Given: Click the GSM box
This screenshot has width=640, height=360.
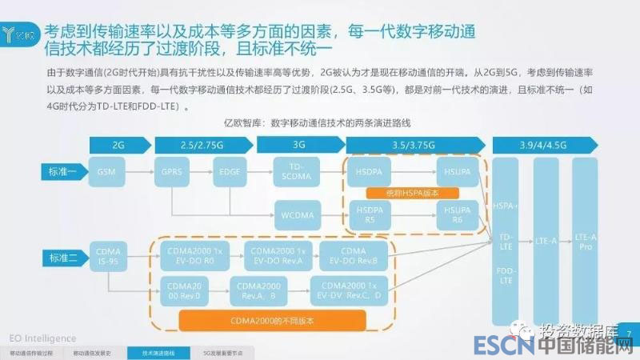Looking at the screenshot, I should point(106,172).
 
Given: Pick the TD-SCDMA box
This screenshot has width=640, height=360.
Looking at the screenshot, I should point(298,172).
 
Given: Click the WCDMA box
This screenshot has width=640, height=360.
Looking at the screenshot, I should point(298,214).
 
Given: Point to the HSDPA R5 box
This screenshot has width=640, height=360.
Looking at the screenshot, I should point(367,214).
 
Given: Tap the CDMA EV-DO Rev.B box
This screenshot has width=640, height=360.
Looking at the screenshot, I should point(352,254).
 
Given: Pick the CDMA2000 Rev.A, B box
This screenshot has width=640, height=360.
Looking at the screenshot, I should point(258,290).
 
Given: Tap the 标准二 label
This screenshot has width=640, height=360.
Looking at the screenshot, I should point(62,257).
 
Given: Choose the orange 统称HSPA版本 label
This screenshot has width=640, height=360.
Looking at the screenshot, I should point(411,193).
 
